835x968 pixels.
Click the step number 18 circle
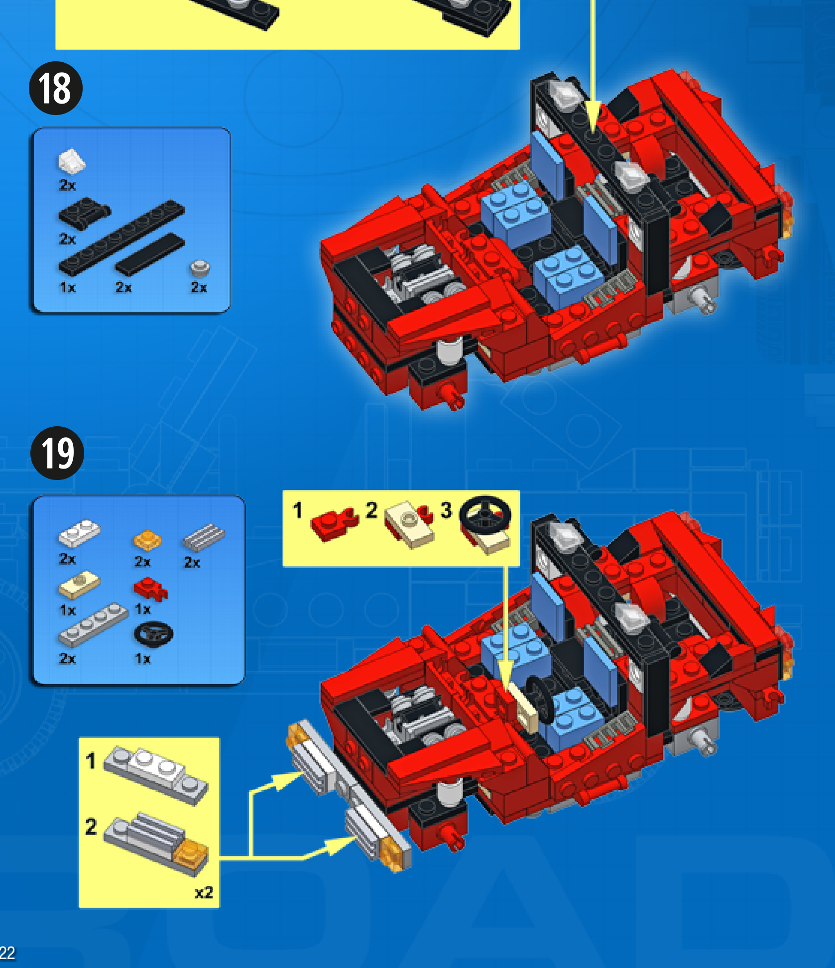pos(56,88)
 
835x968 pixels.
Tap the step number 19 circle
pos(57,453)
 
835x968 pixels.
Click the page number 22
pos(7,953)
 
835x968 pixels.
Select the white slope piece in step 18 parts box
pos(72,161)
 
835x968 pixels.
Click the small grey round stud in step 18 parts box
pos(200,268)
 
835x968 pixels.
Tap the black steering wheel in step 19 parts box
pos(153,634)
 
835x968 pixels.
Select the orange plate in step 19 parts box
pos(147,540)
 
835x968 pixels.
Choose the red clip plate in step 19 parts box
pos(150,589)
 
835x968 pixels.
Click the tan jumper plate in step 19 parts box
pos(79,585)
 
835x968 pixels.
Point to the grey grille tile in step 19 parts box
pos(204,538)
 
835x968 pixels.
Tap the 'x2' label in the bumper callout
pos(204,892)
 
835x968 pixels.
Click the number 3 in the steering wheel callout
pos(446,510)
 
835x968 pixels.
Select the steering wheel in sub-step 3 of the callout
pos(485,515)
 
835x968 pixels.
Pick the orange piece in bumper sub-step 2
pos(191,854)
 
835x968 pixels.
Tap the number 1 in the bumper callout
pos(90,760)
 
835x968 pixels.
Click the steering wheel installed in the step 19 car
pos(540,699)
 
